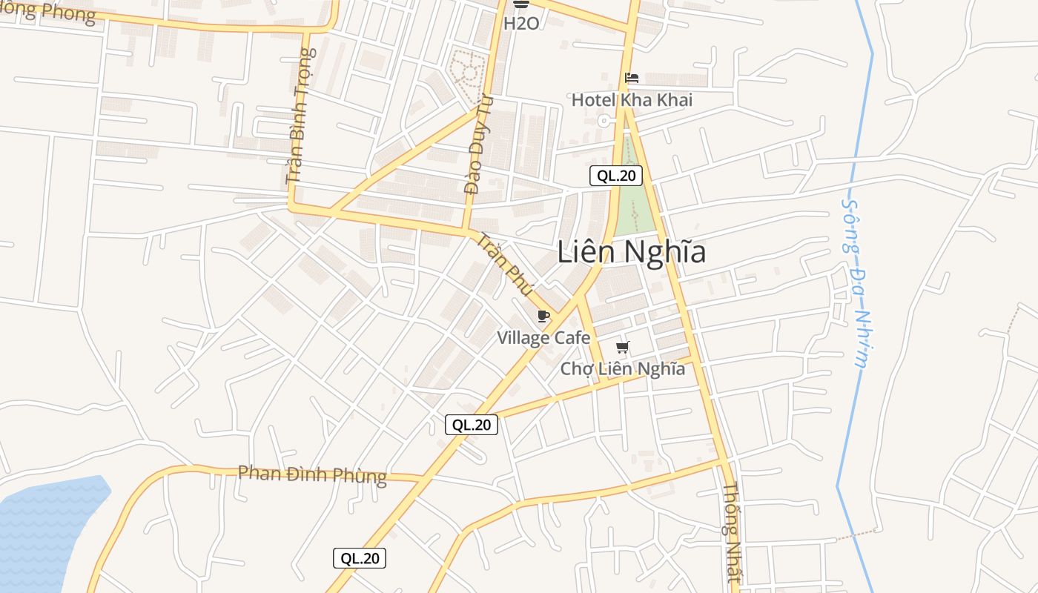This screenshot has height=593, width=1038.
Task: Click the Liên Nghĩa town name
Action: pos(631,253)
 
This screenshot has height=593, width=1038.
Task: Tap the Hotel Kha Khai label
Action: pos(632,100)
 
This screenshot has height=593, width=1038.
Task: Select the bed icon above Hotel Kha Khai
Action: pos(632,78)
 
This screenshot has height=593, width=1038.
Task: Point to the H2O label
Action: pos(521,24)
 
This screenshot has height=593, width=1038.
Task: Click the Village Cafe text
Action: pos(543,339)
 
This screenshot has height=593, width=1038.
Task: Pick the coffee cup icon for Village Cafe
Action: pos(543,317)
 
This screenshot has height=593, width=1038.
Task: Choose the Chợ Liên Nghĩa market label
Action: pos(622,368)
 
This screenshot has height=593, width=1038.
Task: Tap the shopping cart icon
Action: pos(623,347)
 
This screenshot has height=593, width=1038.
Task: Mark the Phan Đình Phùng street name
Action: pos(312,474)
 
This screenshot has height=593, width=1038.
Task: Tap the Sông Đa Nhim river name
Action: pos(854,282)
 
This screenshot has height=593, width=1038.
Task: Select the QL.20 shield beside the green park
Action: pos(615,176)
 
